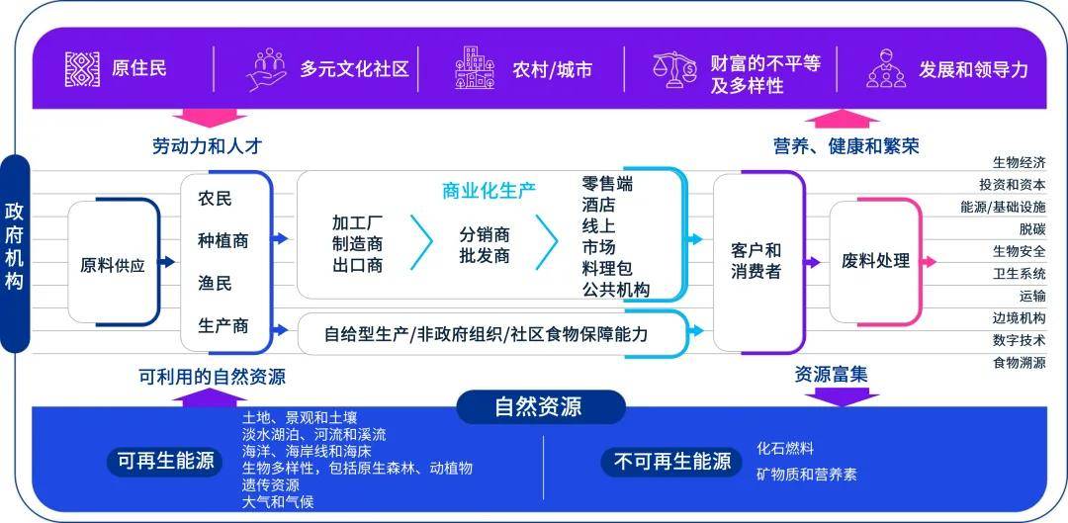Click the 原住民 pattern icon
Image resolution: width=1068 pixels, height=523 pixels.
coord(82,69)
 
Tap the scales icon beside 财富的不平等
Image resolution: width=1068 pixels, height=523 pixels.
coord(675,69)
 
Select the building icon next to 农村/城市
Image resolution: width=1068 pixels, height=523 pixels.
coord(475,68)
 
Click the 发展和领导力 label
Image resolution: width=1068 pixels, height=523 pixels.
coord(973,69)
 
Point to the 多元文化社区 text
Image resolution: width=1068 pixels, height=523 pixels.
coord(354,69)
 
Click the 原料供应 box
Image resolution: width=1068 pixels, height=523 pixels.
coord(113,262)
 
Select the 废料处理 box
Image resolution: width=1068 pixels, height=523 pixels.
coord(875,261)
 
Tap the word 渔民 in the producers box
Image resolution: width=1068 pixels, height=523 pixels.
coord(216,284)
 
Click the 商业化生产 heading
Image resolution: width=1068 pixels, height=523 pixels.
coord(489,192)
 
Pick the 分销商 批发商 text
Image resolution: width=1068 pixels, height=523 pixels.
coord(485,246)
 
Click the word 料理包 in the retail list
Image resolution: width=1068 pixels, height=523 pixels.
coord(607,268)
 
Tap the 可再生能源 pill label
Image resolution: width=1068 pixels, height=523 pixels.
coord(165,462)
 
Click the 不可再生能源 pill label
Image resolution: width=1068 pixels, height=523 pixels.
coord(671,462)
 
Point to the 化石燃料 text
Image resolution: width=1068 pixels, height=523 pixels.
coord(785,449)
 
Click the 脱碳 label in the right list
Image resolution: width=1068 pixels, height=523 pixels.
coord(1032,229)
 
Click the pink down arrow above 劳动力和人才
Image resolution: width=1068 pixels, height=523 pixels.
coord(210,117)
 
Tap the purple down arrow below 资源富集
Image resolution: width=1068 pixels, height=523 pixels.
coord(842,397)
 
